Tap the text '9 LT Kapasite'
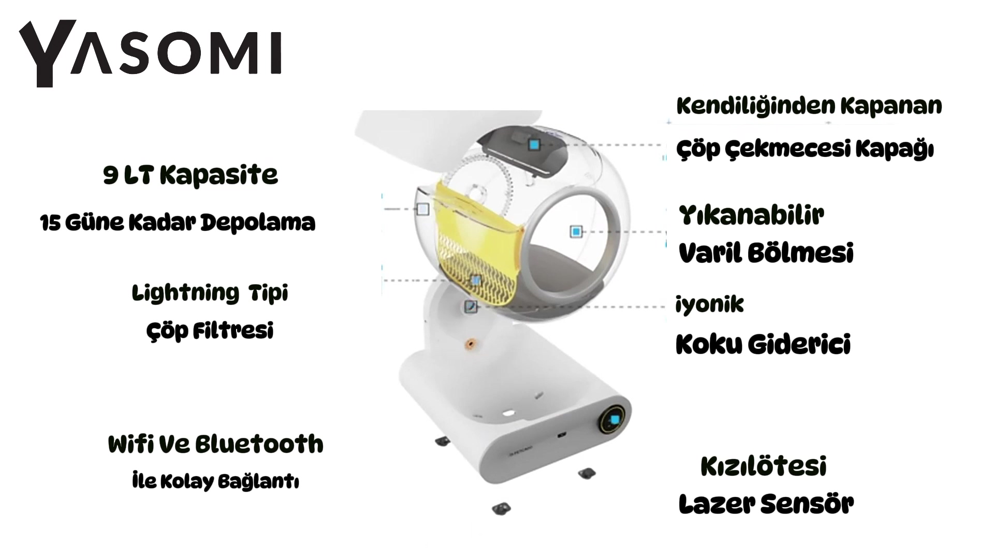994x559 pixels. (x=191, y=175)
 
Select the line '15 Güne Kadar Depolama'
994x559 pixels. (x=178, y=223)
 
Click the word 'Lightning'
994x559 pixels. (x=185, y=293)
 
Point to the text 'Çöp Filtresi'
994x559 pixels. (x=210, y=331)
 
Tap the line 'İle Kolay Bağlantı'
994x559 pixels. (x=215, y=481)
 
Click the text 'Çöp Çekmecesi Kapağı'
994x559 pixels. (x=805, y=149)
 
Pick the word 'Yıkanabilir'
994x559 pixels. (x=751, y=215)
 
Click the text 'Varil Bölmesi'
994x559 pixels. (x=766, y=253)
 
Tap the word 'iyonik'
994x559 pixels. (x=709, y=304)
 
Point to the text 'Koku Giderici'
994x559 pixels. (x=763, y=344)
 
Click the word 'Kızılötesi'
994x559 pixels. (x=763, y=466)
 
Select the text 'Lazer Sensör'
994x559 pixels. (x=766, y=504)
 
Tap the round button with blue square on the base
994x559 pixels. (x=615, y=420)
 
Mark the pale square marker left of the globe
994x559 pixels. (x=423, y=209)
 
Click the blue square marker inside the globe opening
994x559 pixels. (x=576, y=231)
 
